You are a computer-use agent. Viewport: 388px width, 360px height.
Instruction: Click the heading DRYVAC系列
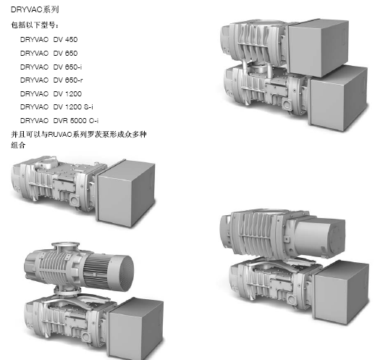coord(34,9)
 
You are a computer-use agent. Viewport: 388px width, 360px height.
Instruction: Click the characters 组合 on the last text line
coord(18,145)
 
